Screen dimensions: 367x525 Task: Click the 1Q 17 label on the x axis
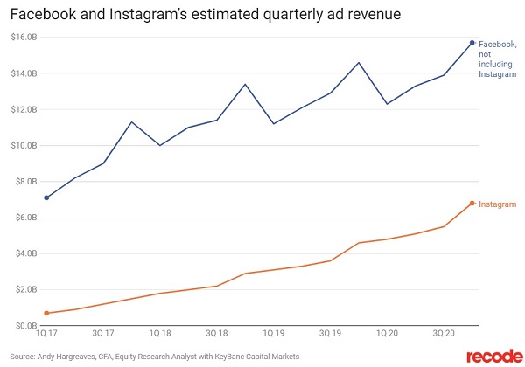[46, 334]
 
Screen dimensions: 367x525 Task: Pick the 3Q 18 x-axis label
[216, 334]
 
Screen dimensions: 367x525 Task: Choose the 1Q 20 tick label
[386, 334]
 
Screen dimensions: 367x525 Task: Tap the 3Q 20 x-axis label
[444, 334]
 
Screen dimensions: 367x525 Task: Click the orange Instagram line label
[498, 204]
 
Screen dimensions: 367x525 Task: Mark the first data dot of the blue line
[45, 197]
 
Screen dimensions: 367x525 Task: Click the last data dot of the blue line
[472, 43]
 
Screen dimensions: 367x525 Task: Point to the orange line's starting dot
[45, 313]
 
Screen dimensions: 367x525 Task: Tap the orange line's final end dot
[472, 204]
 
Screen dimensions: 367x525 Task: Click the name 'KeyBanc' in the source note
[230, 356]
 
